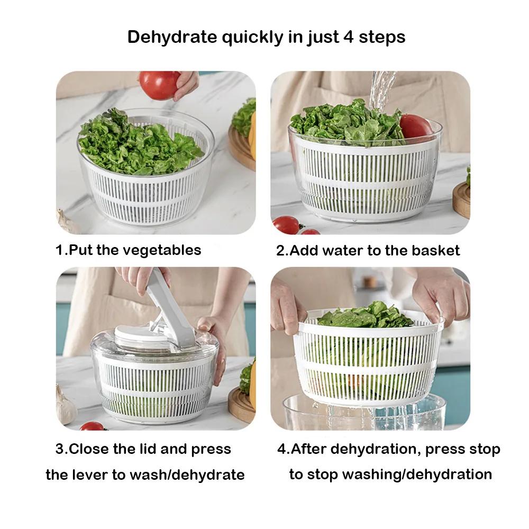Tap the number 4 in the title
(x=349, y=38)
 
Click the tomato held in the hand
(x=159, y=85)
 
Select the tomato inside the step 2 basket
(x=415, y=127)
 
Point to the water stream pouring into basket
(x=382, y=90)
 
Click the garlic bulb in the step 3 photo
(x=66, y=405)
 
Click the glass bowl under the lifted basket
(x=365, y=415)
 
